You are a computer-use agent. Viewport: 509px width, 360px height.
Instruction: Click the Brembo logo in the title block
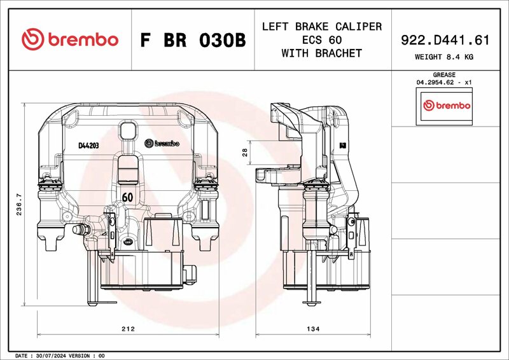[70, 39]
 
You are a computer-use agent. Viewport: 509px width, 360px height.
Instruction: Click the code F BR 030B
[193, 40]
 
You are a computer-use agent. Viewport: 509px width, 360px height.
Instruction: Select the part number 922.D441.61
[445, 40]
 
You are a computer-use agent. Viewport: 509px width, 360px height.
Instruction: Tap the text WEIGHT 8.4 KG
[443, 57]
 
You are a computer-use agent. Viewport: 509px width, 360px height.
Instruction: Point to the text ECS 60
[322, 39]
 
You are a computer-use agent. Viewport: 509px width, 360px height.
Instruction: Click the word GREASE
[444, 74]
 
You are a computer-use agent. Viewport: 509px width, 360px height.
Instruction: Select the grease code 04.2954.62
[435, 82]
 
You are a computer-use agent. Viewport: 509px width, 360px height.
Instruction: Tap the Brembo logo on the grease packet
[447, 106]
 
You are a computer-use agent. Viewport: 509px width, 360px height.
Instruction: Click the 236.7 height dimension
[19, 205]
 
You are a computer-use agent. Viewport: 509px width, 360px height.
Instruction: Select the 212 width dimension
[128, 329]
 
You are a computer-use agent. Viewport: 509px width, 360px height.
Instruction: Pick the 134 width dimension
[313, 329]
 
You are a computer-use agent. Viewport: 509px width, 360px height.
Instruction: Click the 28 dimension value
[245, 152]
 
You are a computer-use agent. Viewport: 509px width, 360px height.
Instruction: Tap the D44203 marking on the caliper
[88, 146]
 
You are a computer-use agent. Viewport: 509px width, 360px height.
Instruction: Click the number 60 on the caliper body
[128, 197]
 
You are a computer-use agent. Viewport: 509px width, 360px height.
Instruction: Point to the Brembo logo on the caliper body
[162, 143]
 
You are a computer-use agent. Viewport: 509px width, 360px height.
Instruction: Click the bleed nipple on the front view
[80, 230]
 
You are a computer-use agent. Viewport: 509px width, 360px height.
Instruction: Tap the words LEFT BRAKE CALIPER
[322, 26]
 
